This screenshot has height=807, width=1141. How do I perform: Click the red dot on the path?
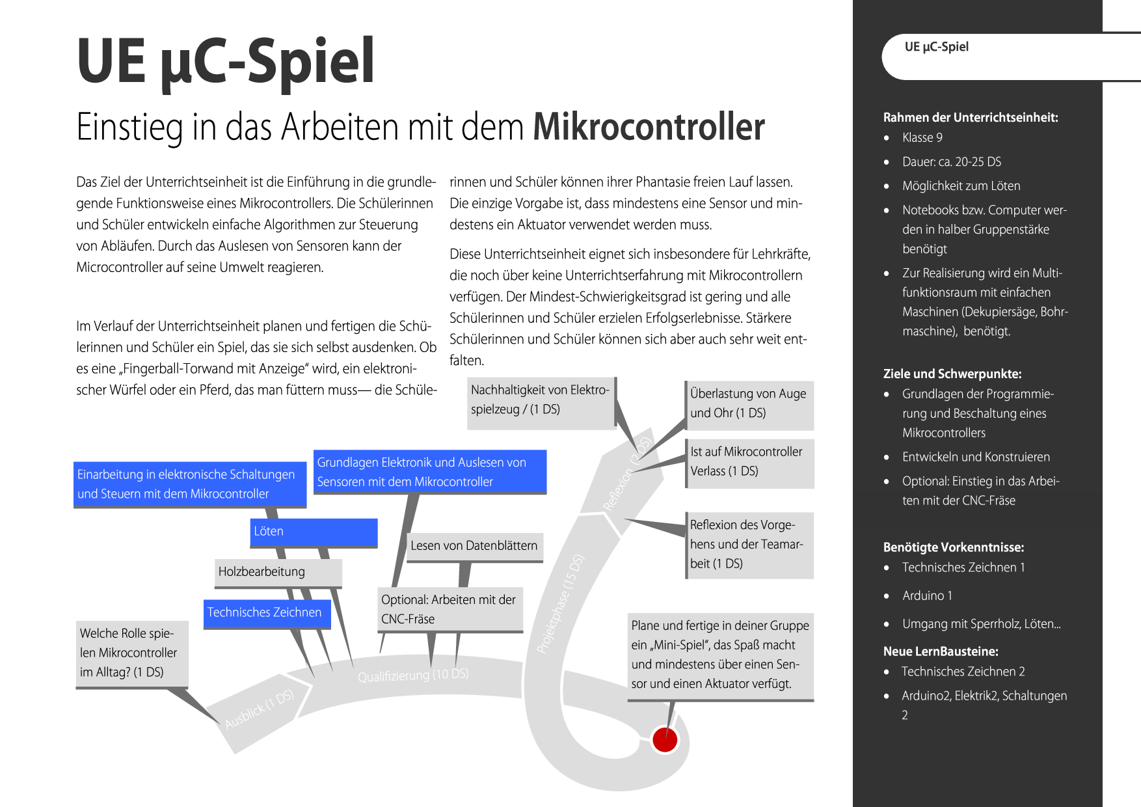pyautogui.click(x=665, y=740)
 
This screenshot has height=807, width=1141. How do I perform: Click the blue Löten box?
pyautogui.click(x=314, y=532)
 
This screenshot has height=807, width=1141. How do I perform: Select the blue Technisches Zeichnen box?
pyautogui.click(x=267, y=613)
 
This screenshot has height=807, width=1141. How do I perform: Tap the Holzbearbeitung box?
pyautogui.click(x=278, y=572)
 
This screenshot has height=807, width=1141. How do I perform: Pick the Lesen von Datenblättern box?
pyautogui.click(x=474, y=546)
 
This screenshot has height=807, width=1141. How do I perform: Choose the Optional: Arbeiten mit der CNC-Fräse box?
pyautogui.click(x=450, y=610)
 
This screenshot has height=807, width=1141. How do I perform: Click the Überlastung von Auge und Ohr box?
pyautogui.click(x=749, y=403)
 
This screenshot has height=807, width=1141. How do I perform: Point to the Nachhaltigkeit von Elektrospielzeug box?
pyautogui.click(x=541, y=400)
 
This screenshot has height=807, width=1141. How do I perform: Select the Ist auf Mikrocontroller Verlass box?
pyautogui.click(x=749, y=461)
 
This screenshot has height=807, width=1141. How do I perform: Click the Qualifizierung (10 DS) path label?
pyautogui.click(x=413, y=676)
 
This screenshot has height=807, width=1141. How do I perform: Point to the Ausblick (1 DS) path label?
pyautogui.click(x=260, y=709)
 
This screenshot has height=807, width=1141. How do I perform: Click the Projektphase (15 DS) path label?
pyautogui.click(x=560, y=603)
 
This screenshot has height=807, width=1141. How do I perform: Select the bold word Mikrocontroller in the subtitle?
pyautogui.click(x=649, y=127)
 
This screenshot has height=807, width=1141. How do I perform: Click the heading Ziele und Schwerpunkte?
pyautogui.click(x=952, y=374)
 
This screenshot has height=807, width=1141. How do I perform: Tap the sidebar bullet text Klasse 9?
pyautogui.click(x=922, y=138)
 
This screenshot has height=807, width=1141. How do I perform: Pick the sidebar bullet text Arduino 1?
pyautogui.click(x=927, y=596)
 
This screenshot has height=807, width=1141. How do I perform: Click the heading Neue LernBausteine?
pyautogui.click(x=940, y=651)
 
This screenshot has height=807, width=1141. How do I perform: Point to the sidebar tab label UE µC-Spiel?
pyautogui.click(x=936, y=47)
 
